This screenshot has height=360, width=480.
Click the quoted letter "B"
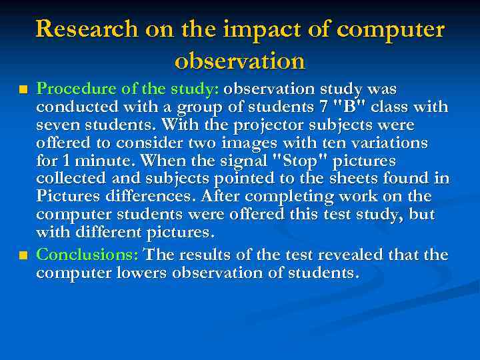[350, 107]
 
